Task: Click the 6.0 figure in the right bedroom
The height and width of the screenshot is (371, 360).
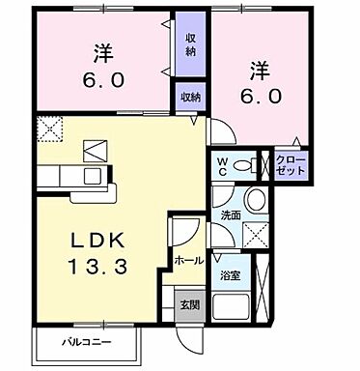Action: (260, 96)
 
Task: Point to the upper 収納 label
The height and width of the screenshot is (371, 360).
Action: (190, 43)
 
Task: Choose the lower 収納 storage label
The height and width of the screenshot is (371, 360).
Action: (189, 97)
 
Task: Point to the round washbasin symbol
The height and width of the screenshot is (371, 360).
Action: (254, 200)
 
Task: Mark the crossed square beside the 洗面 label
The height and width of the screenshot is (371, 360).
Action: (256, 231)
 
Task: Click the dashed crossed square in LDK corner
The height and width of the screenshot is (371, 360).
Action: (49, 128)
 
